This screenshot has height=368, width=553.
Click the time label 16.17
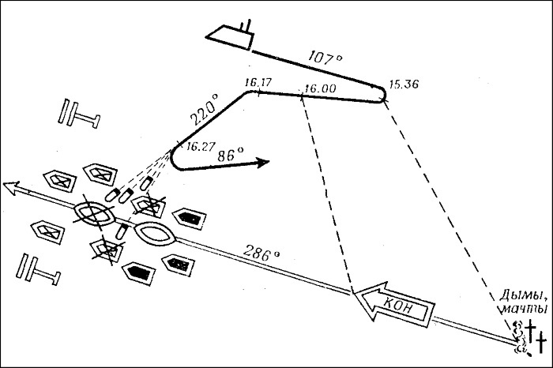pos(258,82)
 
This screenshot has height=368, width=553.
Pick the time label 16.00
pos(318,90)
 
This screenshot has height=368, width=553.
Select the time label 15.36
pos(404,85)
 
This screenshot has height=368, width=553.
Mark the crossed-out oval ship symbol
pos(95,212)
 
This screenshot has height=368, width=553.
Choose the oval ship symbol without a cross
pos(159,234)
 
